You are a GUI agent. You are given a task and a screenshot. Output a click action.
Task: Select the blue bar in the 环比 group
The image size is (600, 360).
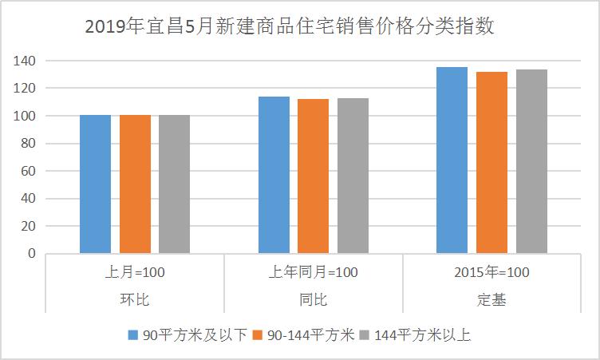[x=96, y=184]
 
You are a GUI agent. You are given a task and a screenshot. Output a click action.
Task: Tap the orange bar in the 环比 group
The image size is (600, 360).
[x=135, y=184]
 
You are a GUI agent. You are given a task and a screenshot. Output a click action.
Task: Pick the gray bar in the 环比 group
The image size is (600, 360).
[x=174, y=184]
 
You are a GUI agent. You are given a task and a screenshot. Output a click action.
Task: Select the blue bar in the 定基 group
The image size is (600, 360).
[x=452, y=160]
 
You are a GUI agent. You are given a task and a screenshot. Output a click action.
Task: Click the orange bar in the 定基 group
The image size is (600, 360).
[x=491, y=163]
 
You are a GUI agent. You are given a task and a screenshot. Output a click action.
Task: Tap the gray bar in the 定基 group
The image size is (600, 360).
[x=531, y=161]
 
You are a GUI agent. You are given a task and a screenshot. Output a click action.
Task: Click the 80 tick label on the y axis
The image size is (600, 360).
[x=29, y=144]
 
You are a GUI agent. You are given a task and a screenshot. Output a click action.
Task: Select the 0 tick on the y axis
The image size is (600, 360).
[x=32, y=254]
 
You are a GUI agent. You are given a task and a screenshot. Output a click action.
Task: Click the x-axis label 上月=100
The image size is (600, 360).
[x=135, y=273]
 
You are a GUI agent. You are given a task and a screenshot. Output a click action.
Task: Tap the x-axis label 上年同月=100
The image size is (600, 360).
[x=313, y=273]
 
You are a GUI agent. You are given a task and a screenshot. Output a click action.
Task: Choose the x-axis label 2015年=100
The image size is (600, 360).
[x=491, y=273]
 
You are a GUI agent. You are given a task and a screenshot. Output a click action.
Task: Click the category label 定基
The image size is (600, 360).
[x=491, y=300]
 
